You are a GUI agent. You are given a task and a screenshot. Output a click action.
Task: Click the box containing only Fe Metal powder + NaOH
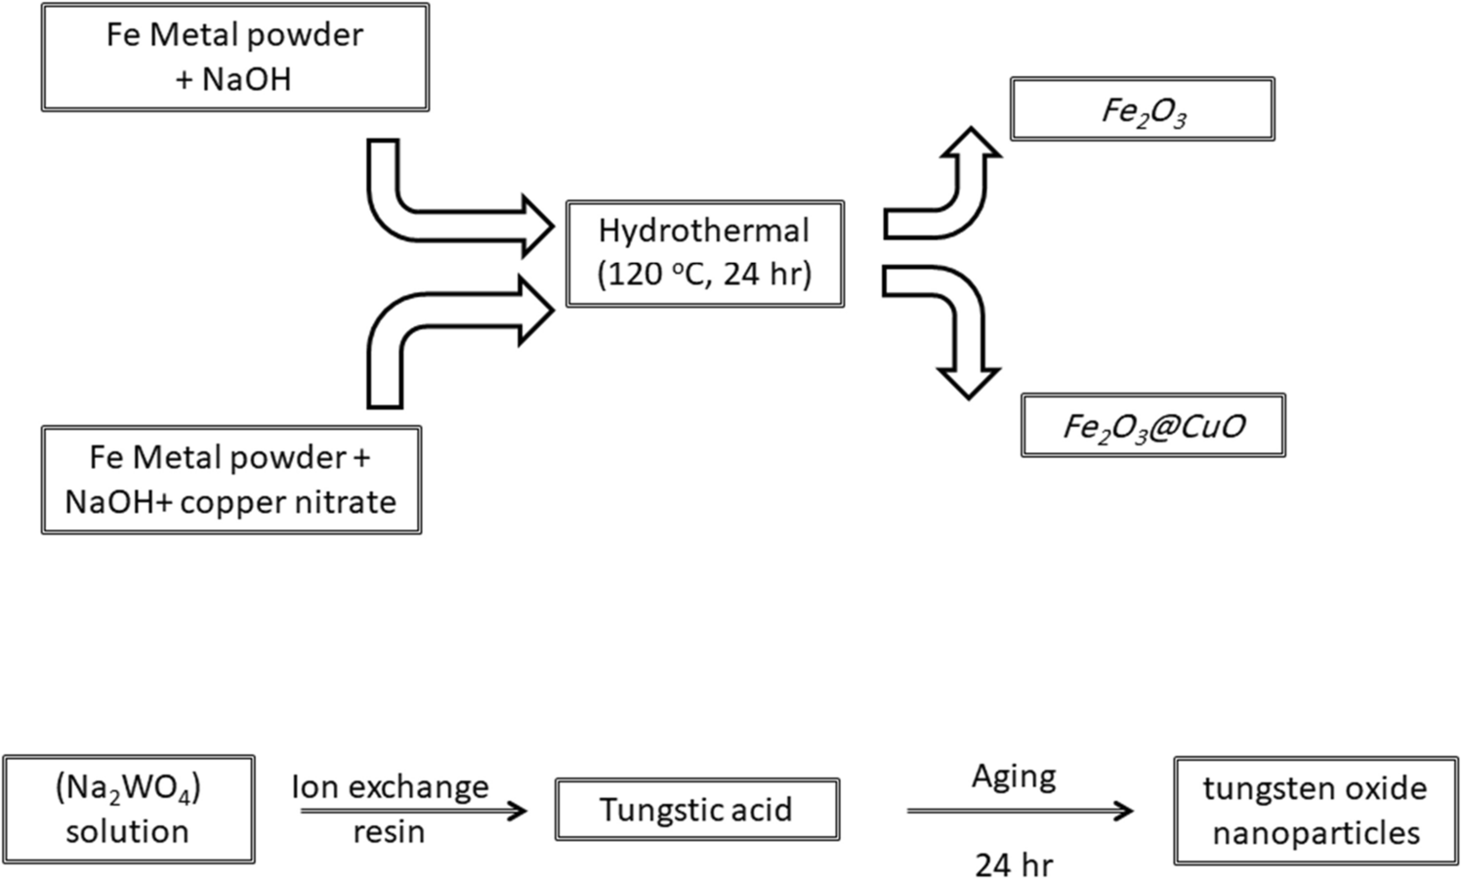click(234, 57)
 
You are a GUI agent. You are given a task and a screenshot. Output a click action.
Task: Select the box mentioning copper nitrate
click(230, 480)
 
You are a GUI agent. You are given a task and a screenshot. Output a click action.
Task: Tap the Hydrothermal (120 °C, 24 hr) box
click(704, 253)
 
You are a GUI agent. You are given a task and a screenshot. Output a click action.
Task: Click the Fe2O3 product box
click(1142, 109)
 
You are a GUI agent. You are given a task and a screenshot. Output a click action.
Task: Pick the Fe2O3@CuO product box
click(1152, 426)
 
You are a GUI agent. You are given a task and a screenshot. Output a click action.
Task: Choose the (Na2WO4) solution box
click(128, 809)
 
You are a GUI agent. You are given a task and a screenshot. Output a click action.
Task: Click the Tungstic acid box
click(696, 810)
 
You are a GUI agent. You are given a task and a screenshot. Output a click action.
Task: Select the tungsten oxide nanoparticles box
click(1315, 811)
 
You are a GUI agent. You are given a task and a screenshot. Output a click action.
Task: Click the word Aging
click(1014, 777)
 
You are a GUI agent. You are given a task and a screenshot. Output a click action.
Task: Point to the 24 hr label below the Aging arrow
click(1014, 864)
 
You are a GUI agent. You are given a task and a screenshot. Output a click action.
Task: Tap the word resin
click(389, 832)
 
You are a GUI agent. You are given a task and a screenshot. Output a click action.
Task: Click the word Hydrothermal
click(703, 230)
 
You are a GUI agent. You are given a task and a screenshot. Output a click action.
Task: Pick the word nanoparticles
click(1315, 833)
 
